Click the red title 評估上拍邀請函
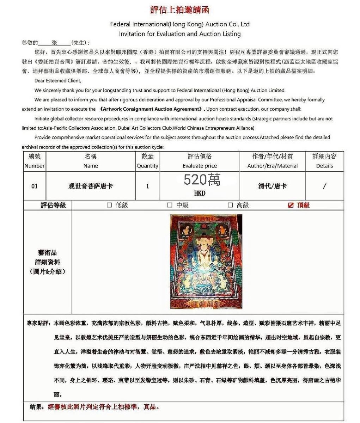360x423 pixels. pos(180,10)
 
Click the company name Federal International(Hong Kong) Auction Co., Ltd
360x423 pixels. pos(180,24)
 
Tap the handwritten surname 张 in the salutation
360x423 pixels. pos(54,43)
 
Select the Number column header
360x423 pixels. pos(35,166)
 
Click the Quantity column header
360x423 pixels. pos(147,166)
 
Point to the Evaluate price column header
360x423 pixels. pos(200,166)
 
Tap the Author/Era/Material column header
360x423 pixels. pos(272,166)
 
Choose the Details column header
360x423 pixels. pos(324,166)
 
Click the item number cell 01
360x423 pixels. pos(35,186)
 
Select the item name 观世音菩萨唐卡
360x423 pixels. pos(91,186)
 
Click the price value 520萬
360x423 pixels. pos(202,180)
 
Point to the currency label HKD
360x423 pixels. pos(200,194)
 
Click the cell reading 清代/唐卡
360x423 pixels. pos(272,186)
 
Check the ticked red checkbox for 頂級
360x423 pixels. pos(291,205)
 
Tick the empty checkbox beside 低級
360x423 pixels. pos(109,205)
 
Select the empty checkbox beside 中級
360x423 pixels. pos(170,205)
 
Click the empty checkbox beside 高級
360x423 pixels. pos(230,205)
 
